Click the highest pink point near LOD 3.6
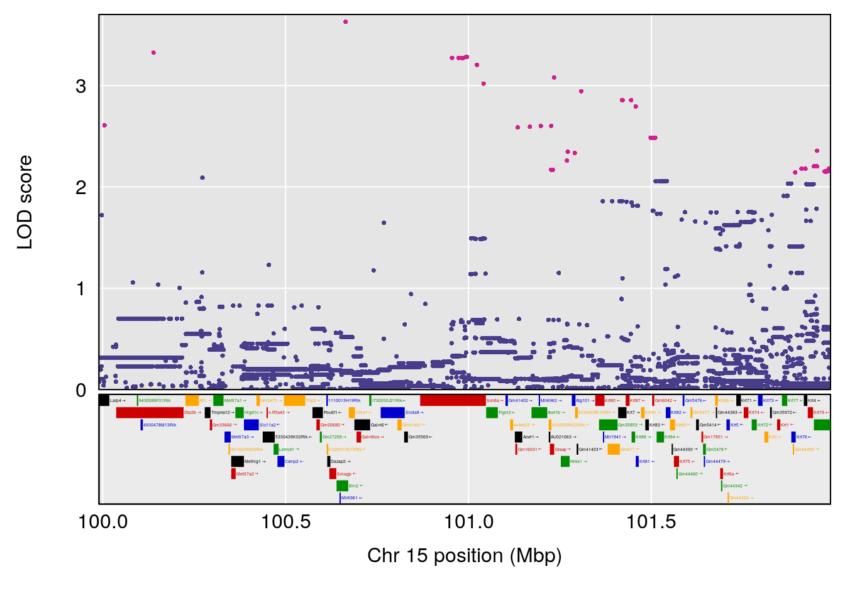[345, 22]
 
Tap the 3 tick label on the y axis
[80, 86]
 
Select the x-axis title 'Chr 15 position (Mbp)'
[464, 555]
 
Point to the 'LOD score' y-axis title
[25, 202]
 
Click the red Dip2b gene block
[150, 413]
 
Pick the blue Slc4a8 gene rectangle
[392, 413]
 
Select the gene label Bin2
[353, 486]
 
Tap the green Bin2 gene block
[342, 486]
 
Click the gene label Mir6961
[350, 498]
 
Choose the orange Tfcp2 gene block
[294, 401]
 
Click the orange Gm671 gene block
[614, 449]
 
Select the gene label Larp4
[116, 401]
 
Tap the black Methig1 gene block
[237, 462]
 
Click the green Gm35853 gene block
[608, 425]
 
